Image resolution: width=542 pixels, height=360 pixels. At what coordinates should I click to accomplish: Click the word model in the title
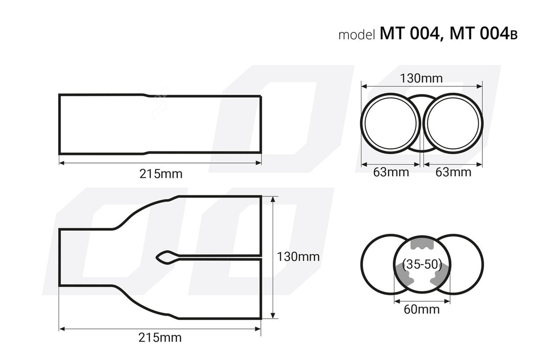pos(357,35)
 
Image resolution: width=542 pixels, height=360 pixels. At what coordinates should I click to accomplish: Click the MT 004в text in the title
pos(483,34)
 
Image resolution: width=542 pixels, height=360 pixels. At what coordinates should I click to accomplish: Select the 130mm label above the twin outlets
pos(421,79)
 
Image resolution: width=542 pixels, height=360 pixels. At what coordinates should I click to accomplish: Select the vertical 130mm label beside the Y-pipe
pos(299,257)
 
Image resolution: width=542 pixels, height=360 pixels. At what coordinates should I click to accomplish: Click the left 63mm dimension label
pos(391,172)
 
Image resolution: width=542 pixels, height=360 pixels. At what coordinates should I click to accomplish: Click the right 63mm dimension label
pos(453,172)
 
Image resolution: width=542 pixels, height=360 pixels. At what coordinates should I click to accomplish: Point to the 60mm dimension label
pos(422,310)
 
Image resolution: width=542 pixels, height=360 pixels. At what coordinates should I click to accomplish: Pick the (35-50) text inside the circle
pos(422,264)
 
